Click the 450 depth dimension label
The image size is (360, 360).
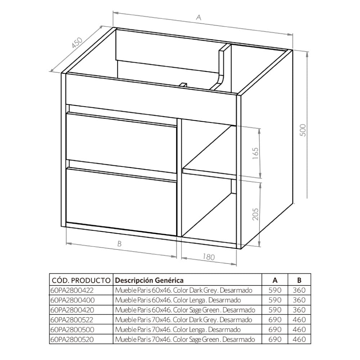(77, 43)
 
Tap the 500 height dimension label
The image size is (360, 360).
(303, 130)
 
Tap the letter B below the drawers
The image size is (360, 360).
(120, 244)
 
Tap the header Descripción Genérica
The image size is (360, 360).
(149, 280)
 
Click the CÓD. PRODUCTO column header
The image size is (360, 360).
(81, 280)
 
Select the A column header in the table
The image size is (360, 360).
(275, 280)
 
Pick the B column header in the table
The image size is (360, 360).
(299, 280)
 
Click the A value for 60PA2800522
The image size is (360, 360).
(275, 319)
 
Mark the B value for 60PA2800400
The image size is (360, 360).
(299, 300)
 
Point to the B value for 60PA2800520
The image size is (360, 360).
(299, 339)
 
